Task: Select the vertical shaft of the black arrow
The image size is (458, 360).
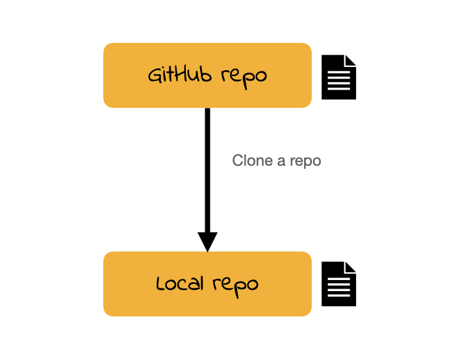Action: (x=207, y=169)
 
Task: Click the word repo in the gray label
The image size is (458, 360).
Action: (x=305, y=161)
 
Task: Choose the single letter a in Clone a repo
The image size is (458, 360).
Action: (x=281, y=161)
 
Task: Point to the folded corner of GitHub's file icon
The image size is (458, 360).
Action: (x=351, y=60)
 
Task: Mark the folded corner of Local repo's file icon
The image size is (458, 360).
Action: (x=351, y=267)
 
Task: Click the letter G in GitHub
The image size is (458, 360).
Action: (x=155, y=75)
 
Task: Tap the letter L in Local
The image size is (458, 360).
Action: (x=161, y=283)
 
